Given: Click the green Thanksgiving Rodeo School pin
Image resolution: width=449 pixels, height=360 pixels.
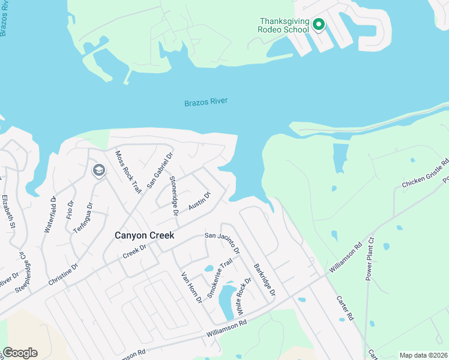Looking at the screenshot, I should (319, 25).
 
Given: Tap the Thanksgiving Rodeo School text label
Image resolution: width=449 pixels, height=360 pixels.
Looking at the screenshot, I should (283, 26).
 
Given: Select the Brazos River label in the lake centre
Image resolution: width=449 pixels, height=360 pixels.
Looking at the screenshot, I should (206, 103).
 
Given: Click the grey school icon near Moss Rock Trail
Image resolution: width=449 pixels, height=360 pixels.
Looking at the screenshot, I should (98, 171).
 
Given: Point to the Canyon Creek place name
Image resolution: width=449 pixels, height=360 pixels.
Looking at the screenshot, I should (145, 236).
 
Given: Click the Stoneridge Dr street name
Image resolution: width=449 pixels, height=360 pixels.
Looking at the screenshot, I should (173, 196).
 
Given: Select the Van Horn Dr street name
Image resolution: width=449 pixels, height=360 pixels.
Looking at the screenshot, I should (193, 288).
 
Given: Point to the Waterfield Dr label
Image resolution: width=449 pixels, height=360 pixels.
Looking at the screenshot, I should (49, 214).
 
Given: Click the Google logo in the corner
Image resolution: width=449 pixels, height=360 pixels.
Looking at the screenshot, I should (20, 353).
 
